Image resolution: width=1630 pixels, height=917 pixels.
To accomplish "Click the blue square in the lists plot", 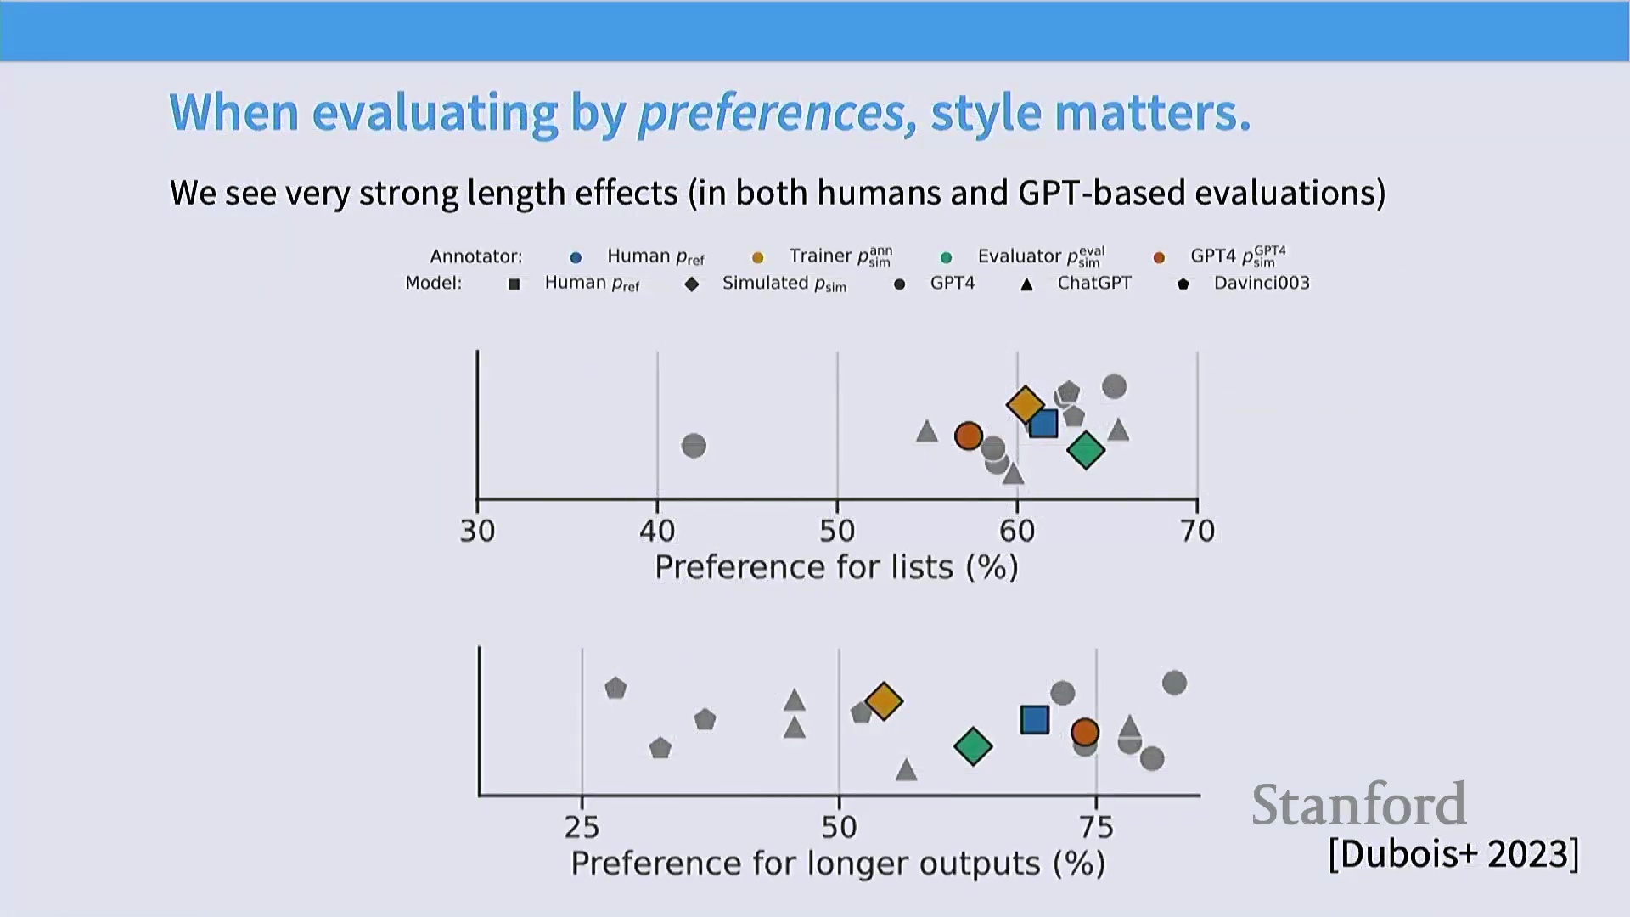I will [1043, 423].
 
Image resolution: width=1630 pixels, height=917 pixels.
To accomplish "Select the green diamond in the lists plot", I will [1086, 450].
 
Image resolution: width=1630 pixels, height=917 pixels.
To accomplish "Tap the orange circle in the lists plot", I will [969, 436].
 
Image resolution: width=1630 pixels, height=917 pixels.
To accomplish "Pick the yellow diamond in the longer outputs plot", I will [884, 701].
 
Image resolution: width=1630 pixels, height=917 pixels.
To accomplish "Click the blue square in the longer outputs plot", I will [1035, 720].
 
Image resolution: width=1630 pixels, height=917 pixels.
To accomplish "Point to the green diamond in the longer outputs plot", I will [973, 746].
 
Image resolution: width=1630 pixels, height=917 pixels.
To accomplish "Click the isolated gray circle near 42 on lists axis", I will [694, 445].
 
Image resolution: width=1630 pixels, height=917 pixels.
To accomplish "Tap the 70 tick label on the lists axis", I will [1197, 531].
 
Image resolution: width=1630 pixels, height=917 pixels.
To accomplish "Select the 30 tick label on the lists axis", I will [477, 531].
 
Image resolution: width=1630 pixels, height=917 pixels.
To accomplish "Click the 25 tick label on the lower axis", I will [582, 827].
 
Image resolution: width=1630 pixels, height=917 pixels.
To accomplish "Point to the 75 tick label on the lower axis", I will [1096, 827].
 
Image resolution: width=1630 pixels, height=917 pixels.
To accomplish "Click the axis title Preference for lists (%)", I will [836, 567].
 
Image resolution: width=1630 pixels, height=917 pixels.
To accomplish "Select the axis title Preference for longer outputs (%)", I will [838, 864].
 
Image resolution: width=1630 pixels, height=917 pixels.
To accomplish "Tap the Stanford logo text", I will [1358, 805].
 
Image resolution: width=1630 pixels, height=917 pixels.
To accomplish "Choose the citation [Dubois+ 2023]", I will [1453, 853].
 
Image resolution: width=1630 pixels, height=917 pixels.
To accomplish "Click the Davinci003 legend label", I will [1262, 283].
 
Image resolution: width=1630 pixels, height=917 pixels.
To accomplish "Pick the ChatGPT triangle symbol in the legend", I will [1026, 284].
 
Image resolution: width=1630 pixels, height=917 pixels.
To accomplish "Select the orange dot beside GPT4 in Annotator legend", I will [1159, 257].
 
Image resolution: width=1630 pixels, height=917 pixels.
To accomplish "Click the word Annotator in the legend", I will [475, 256].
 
